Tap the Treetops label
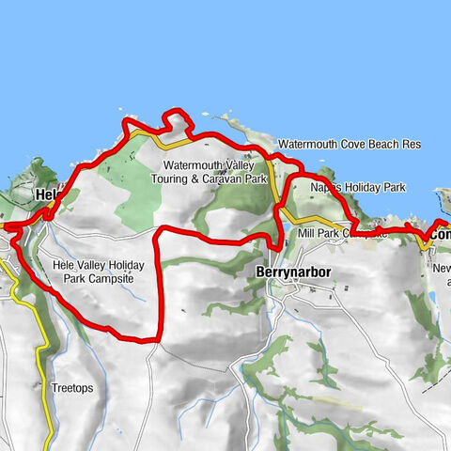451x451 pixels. pyautogui.click(x=73, y=387)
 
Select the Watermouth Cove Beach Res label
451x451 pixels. pyautogui.click(x=349, y=144)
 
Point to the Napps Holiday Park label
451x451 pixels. pyautogui.click(x=358, y=188)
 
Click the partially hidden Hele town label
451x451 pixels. pyautogui.click(x=47, y=195)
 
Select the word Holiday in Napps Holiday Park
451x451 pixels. pyautogui.click(x=360, y=188)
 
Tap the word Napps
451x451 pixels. pyautogui.click(x=325, y=188)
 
